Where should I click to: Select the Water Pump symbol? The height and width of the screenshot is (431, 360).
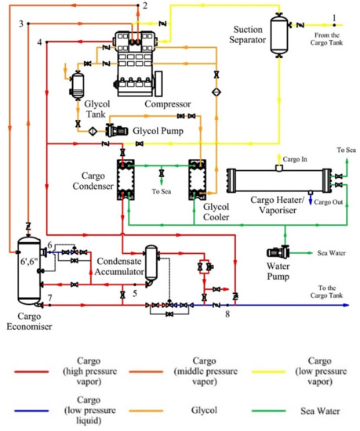point(278,253)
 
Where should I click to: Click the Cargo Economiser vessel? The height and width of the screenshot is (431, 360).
point(27,270)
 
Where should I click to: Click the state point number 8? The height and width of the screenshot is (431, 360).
point(227,314)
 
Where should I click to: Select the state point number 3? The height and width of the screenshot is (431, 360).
point(21,24)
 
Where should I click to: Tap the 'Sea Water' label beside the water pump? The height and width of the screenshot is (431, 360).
point(331,253)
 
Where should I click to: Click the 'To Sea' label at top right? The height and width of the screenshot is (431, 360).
point(345,149)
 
